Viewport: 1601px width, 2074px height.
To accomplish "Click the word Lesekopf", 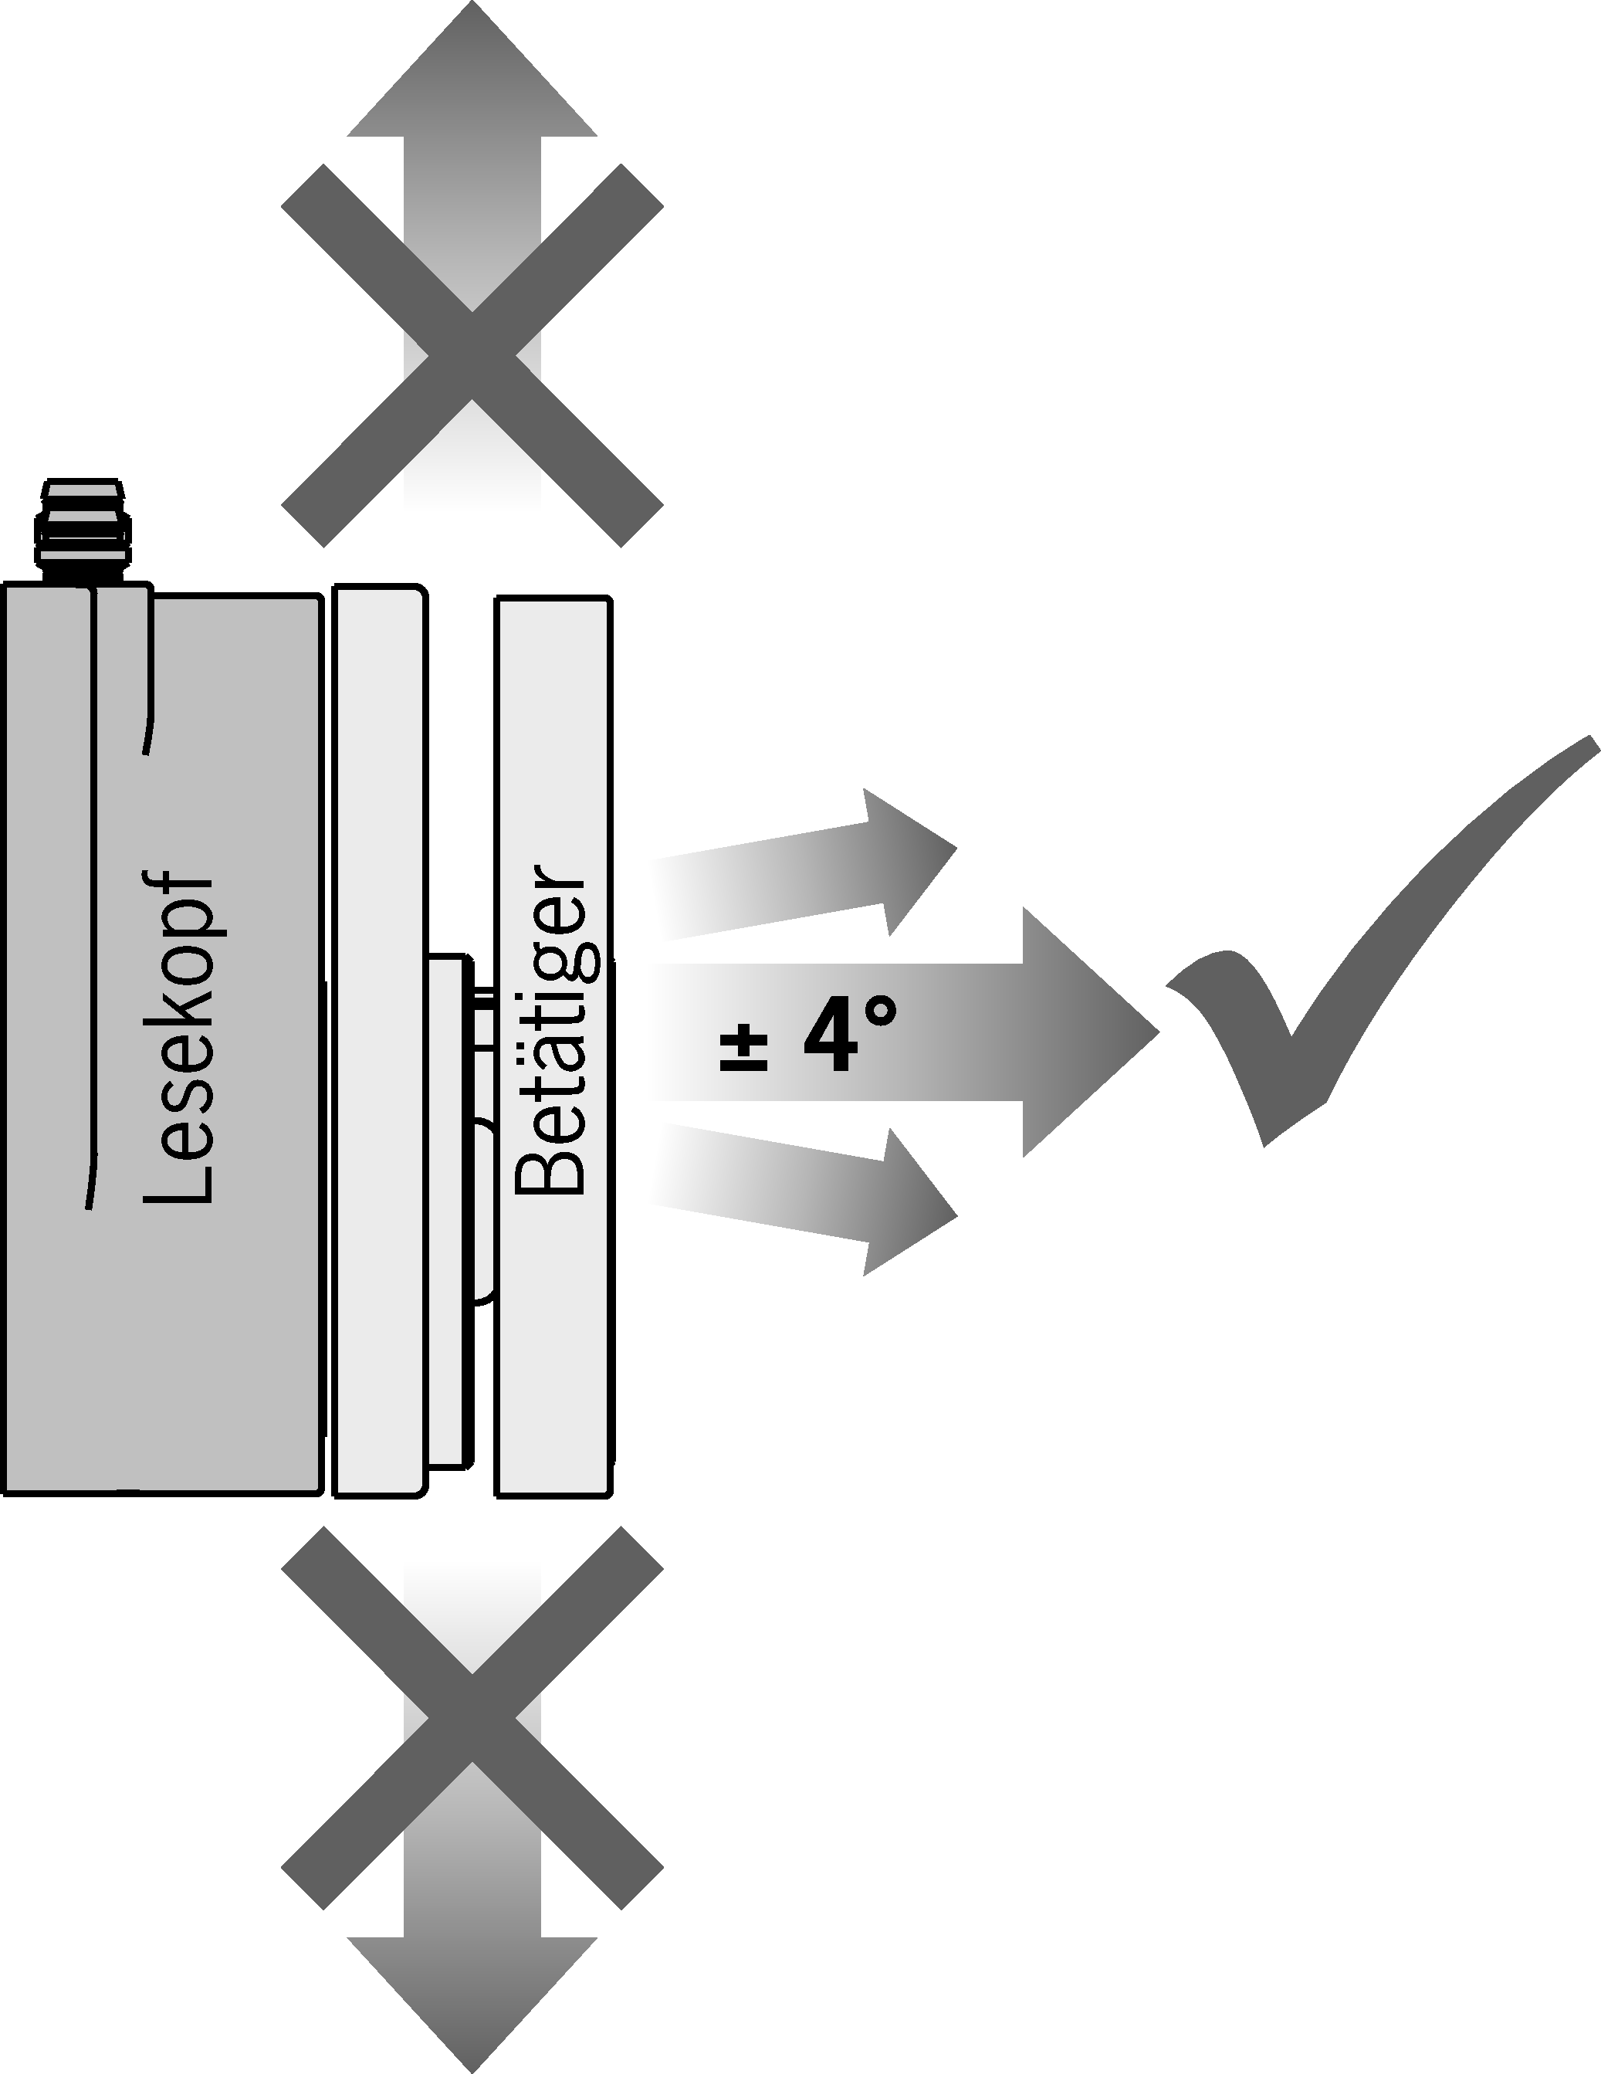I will coord(178,1040).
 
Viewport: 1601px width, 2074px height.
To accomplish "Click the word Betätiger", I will coord(550,1030).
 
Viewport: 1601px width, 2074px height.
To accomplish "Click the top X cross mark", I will coord(472,355).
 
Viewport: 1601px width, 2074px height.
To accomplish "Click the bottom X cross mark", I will coord(472,1719).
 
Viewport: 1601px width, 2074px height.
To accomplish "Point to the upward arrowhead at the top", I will coord(472,76).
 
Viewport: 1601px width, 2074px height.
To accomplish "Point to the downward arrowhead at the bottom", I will coord(472,2004).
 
